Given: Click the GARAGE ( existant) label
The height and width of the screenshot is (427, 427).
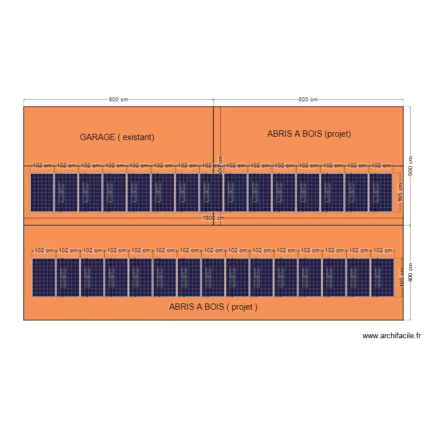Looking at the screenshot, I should coord(117,137).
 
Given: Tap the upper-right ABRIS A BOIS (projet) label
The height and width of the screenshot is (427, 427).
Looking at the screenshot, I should coord(309,134).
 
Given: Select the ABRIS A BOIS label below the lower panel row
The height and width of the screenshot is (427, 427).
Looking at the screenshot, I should coord(213,306).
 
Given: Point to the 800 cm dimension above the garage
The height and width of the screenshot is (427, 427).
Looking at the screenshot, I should coord(118,100).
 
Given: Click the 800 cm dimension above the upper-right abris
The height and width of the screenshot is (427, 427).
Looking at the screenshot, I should coord(308,100).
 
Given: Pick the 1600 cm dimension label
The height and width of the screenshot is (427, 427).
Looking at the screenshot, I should coord(213,218).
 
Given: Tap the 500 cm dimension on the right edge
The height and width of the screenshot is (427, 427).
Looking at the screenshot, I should coord(410,166).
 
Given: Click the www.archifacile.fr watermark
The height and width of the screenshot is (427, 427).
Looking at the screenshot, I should coord(391,336).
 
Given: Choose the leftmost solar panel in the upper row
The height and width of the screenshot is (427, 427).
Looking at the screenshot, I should coord(42,192).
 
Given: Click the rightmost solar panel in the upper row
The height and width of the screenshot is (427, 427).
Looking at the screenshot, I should coord(380,192).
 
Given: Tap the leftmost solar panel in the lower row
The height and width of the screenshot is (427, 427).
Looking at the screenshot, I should coord(43,277).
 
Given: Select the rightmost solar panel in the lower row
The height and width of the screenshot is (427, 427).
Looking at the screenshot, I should coord(382,277).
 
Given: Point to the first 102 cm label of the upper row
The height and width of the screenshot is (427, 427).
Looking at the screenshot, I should coord(42,166).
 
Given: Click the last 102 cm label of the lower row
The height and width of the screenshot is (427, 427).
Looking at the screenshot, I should coord(383,251).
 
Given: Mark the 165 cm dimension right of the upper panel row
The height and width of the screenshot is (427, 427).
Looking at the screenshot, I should coord(401,192).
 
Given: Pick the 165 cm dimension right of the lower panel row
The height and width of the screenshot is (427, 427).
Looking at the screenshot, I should coord(402,277).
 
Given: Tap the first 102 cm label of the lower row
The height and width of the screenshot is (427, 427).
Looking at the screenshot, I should coord(44,251).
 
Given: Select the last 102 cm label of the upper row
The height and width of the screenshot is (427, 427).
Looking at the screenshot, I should coord(380,166).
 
